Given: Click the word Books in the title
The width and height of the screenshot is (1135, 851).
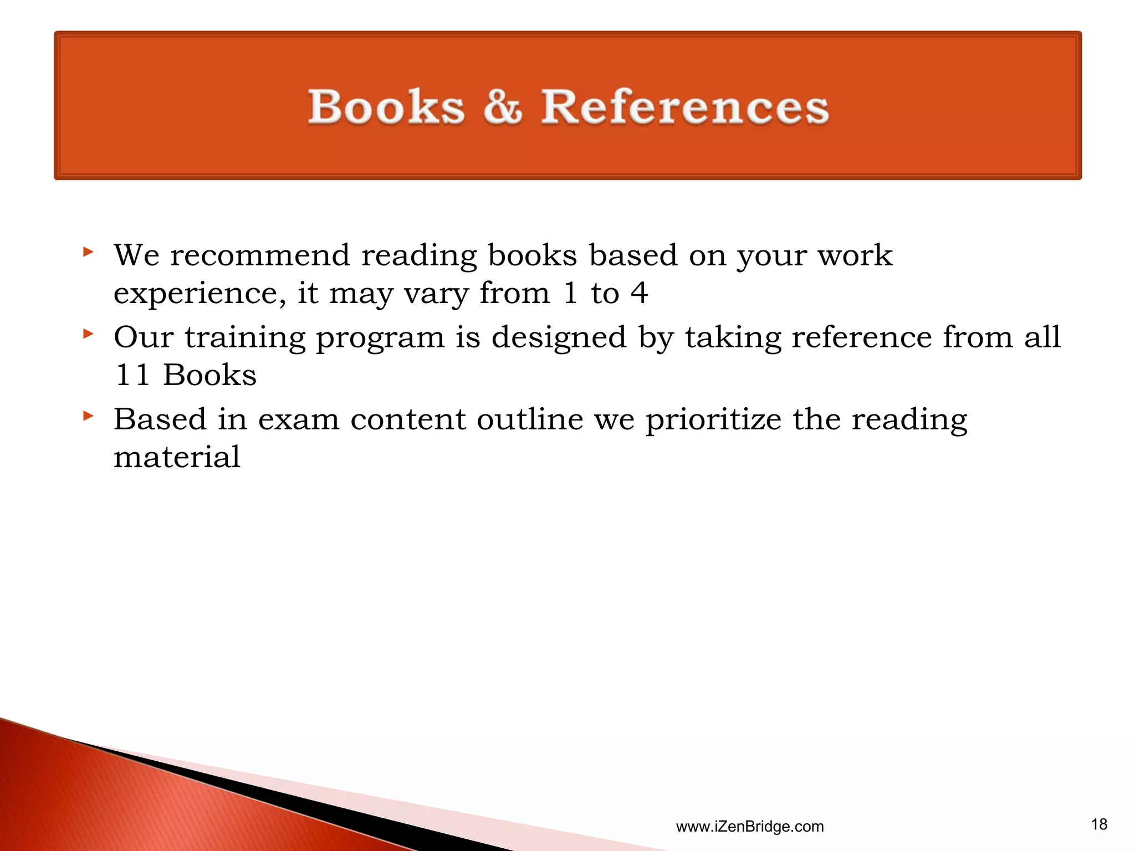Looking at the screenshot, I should tap(386, 106).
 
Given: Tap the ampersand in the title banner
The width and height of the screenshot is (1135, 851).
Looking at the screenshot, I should tap(503, 106).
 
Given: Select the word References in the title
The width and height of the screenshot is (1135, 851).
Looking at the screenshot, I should tap(684, 106).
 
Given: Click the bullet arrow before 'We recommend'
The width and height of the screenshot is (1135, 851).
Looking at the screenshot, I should tap(88, 253).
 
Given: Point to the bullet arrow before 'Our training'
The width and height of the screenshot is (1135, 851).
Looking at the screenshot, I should tap(88, 334).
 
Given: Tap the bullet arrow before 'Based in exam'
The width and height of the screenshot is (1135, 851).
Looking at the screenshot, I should tap(88, 416).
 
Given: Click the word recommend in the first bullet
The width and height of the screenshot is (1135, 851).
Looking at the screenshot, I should tap(260, 255).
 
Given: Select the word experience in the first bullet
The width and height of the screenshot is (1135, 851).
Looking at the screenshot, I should tap(200, 294).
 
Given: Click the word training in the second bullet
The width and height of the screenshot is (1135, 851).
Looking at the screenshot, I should tap(245, 337).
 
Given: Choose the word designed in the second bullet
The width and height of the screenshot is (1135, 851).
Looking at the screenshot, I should tap(559, 337).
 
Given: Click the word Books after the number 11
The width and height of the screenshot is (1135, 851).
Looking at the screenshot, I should tap(210, 375).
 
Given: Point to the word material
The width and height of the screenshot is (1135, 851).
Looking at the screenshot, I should tap(177, 457).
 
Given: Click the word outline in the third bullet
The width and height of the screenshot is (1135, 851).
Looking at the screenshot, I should tap(530, 419).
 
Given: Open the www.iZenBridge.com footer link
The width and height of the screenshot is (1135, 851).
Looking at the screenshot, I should tap(749, 827).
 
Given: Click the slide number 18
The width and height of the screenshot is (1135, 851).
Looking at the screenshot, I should tap(1099, 824).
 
